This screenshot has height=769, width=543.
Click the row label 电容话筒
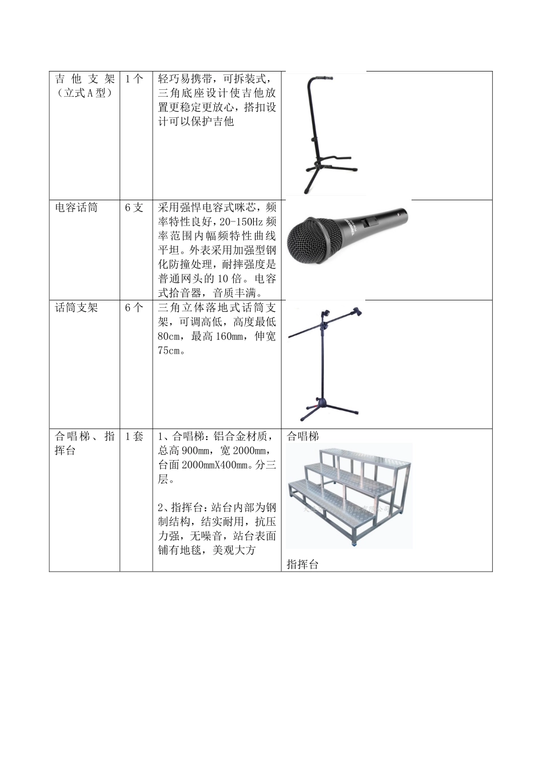click(x=76, y=208)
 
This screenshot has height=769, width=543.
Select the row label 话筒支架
click(x=76, y=308)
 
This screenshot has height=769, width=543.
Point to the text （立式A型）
click(x=84, y=93)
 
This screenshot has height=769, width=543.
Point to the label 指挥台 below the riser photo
click(x=302, y=565)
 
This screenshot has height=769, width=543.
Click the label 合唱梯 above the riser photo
click(x=302, y=437)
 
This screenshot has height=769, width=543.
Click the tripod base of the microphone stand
click(x=326, y=407)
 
